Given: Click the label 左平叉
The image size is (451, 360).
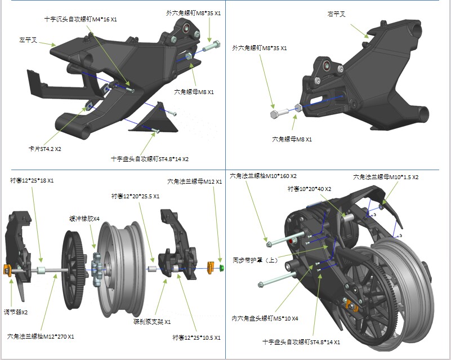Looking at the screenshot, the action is (x=28, y=40).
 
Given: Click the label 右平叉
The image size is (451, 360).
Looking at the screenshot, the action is (x=336, y=14).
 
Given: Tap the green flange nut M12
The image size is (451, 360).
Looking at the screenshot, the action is (x=221, y=268).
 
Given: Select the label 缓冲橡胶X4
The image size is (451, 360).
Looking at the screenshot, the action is (x=84, y=219).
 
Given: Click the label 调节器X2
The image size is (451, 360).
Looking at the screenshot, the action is (x=16, y=312).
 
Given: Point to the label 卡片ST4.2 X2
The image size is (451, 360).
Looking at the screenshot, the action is (x=44, y=149).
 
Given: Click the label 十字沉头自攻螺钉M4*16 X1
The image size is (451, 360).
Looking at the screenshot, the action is (x=81, y=19).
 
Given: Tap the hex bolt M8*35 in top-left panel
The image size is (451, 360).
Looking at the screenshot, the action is (x=211, y=46).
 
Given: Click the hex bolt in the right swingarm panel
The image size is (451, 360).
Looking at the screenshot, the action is (x=279, y=113).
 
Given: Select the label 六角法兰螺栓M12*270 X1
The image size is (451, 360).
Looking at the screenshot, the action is (x=41, y=336).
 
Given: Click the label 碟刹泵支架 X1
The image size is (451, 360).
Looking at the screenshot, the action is (x=152, y=322).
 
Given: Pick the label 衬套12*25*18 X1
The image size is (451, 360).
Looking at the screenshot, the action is (x=32, y=181).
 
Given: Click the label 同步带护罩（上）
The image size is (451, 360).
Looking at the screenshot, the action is (x=256, y=260).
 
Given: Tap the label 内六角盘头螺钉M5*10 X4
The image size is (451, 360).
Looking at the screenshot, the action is (x=265, y=318).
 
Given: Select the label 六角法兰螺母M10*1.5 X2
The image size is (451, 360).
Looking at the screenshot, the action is (x=386, y=177).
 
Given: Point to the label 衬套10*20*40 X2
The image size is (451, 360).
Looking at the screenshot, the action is (x=310, y=189).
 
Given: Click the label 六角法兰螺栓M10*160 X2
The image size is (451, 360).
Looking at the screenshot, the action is (x=263, y=176).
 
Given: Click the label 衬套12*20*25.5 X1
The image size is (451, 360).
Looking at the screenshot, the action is (x=135, y=197).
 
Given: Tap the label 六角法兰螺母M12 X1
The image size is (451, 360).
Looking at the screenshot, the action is (x=195, y=182).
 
